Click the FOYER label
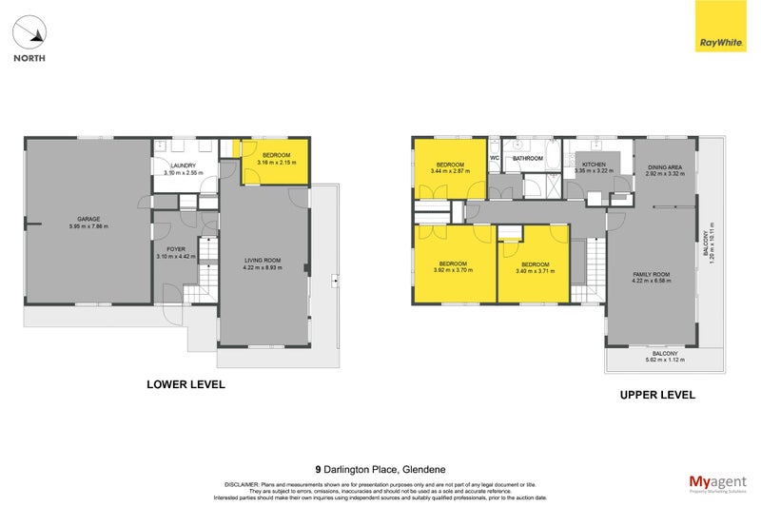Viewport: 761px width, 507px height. tap(175, 250)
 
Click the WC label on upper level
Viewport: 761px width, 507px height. tap(495, 158)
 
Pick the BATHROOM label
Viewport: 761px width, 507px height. tap(527, 158)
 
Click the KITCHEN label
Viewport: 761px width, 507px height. tap(594, 165)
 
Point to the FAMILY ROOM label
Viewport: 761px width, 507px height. tap(653, 277)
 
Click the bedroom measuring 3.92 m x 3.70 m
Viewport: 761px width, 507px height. tap(452, 266)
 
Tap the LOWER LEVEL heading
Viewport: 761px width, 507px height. tap(185, 385)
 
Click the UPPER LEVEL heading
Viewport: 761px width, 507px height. tap(656, 394)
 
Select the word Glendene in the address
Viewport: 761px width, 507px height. tap(423, 469)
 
